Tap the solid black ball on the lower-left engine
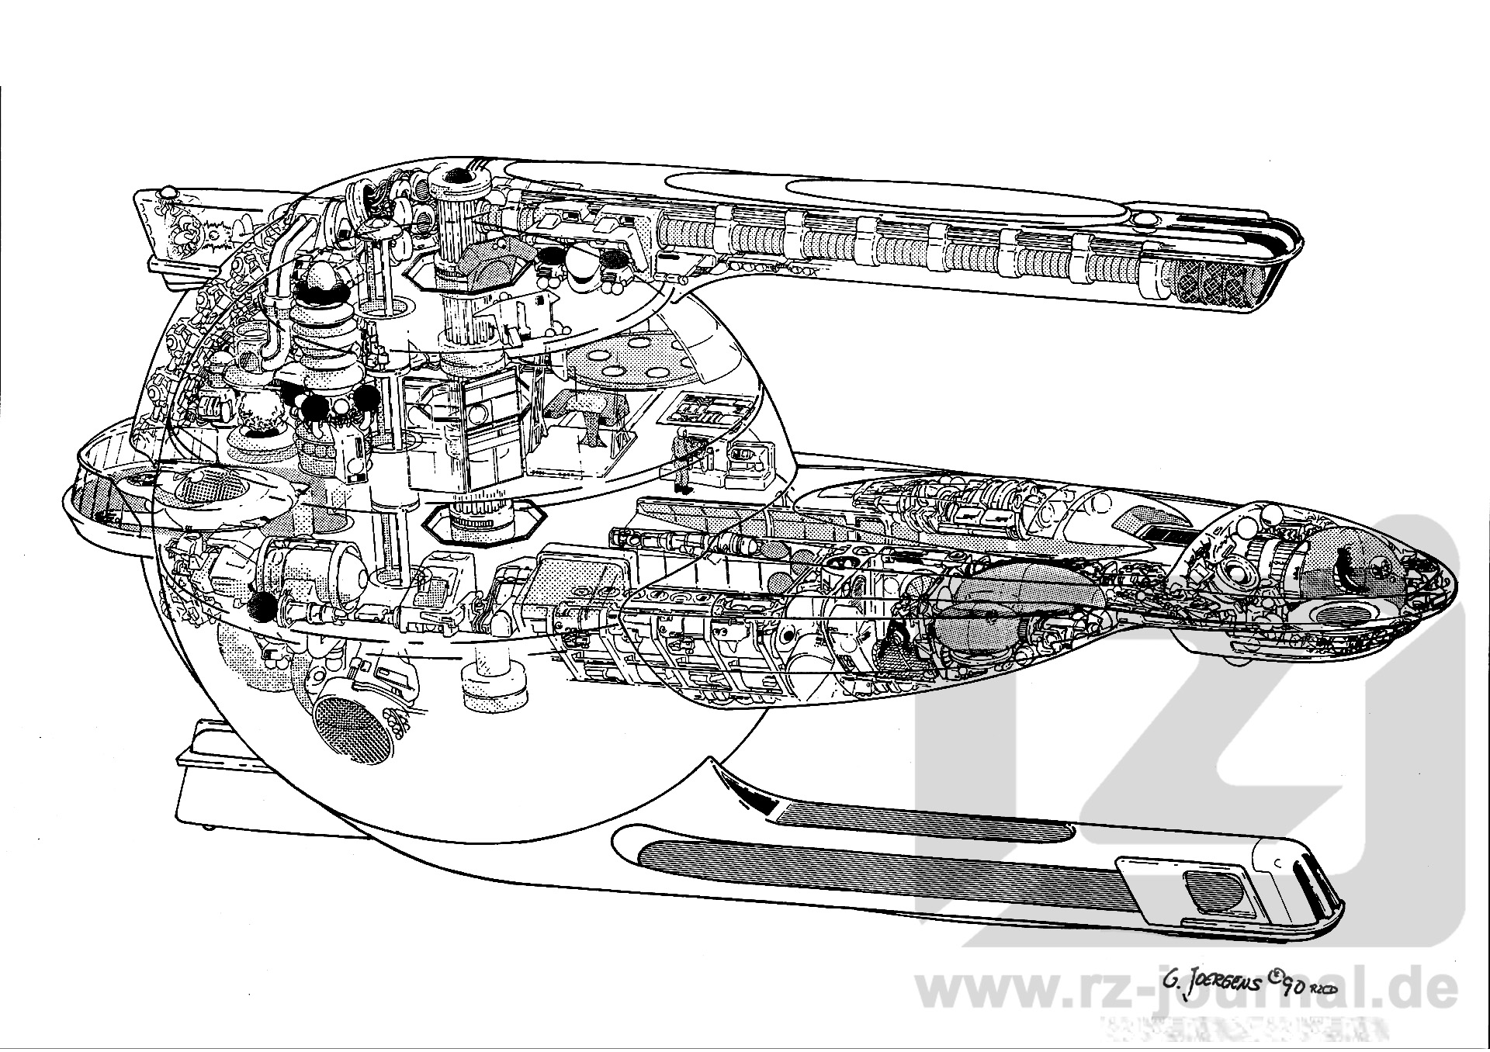tap(262, 607)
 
